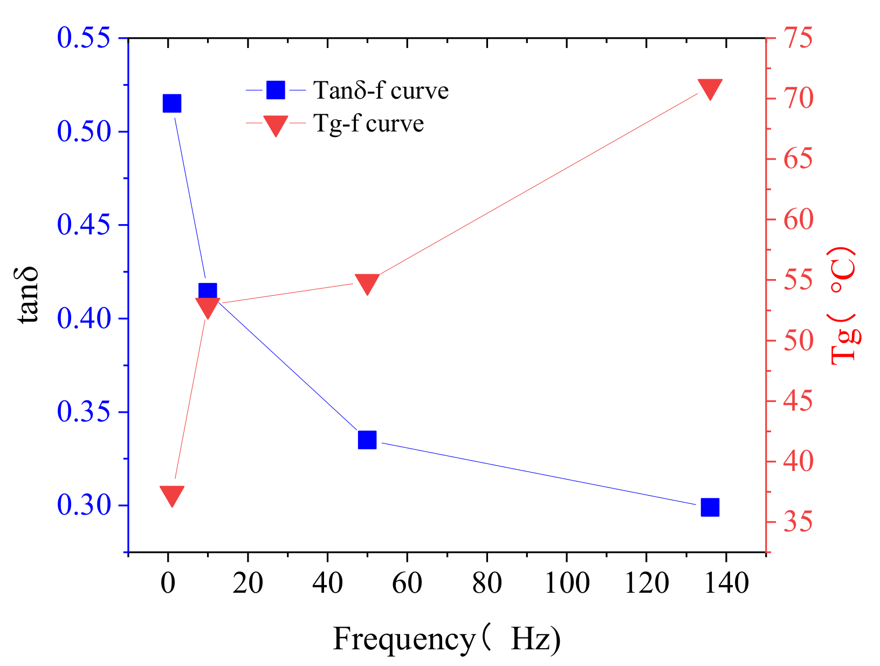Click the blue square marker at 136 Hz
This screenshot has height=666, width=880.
point(710,507)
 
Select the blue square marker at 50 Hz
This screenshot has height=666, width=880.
point(367,440)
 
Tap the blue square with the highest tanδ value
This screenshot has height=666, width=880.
point(171,103)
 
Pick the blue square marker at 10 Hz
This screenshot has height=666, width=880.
point(208,292)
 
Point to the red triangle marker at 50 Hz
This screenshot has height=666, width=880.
point(367,283)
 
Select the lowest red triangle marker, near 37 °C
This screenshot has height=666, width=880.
point(172,495)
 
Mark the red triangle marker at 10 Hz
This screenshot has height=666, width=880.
point(208,308)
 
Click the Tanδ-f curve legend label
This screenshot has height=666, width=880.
point(381,90)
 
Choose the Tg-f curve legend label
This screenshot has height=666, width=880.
point(368,123)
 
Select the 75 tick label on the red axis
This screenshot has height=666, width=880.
point(797,38)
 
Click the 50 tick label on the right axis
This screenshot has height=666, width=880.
point(797,341)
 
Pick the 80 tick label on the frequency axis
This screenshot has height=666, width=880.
point(486,583)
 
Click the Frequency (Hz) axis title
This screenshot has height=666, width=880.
point(446,639)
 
